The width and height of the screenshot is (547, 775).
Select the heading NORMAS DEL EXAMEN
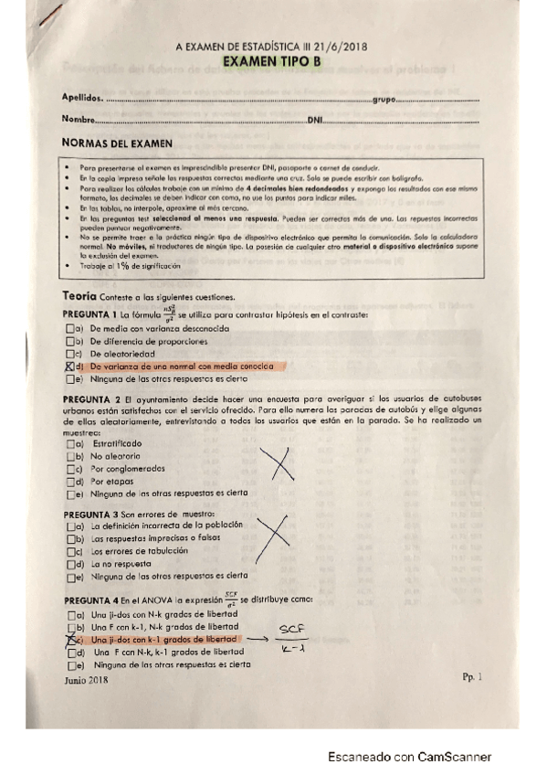(116, 143)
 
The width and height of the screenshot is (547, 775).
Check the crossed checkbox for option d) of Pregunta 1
(70, 366)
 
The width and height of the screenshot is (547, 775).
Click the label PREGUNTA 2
(91, 399)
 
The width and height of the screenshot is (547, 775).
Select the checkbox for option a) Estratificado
(71, 443)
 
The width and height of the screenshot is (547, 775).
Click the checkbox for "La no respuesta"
(71, 564)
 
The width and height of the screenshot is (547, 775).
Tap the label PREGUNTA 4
(91, 600)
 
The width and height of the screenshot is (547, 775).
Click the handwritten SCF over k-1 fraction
(290, 638)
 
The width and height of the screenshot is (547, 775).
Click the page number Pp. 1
(471, 676)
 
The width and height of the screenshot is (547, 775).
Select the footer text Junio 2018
(86, 680)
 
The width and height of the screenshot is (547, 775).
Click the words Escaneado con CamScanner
(410, 757)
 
